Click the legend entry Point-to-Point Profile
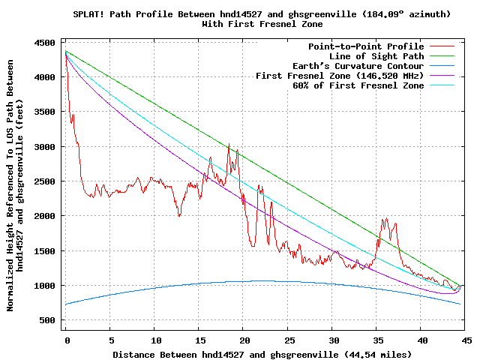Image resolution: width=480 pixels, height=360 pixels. pyautogui.click(x=366, y=46)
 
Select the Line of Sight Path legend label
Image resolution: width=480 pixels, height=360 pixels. pyautogui.click(x=376, y=56)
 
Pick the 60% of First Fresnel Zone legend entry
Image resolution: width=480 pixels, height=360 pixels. pyautogui.click(x=358, y=85)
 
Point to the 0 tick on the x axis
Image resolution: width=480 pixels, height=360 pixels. pyautogui.click(x=66, y=339)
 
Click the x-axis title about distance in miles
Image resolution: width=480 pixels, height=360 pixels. pyautogui.click(x=262, y=353)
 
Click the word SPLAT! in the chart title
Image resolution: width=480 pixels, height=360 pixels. pyautogui.click(x=89, y=14)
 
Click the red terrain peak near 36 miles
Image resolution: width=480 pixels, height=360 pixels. pyautogui.click(x=385, y=219)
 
